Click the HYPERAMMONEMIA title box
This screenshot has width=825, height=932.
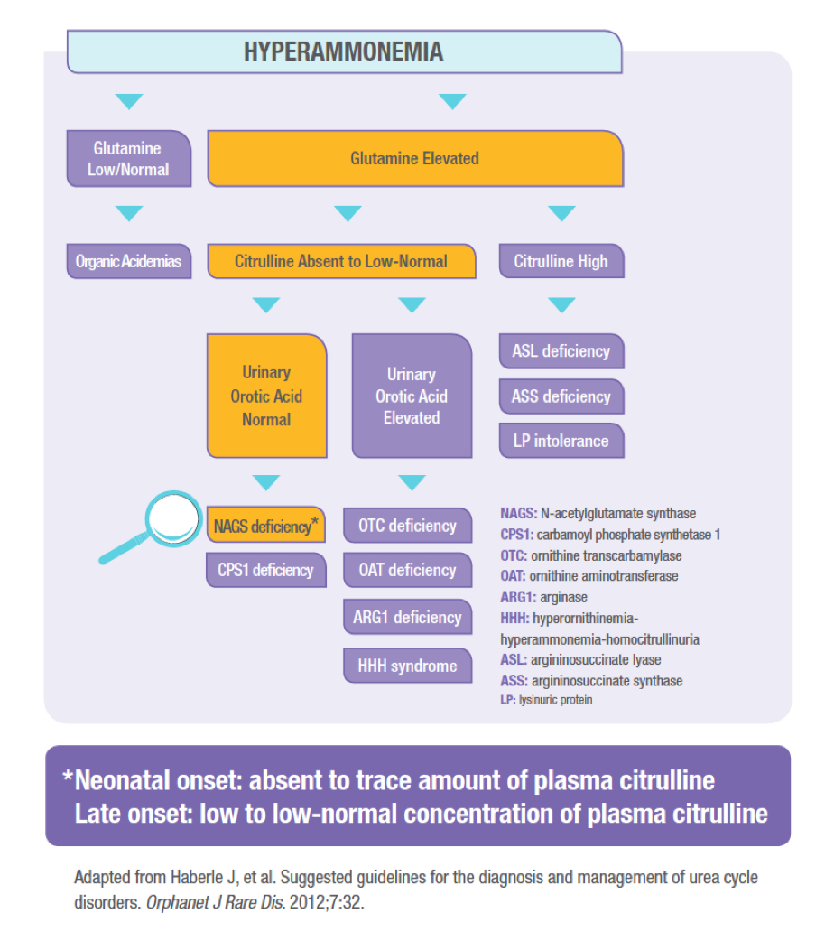click(x=345, y=51)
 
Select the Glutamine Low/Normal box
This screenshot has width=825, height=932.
click(x=129, y=159)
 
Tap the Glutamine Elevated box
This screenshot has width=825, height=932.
click(x=415, y=159)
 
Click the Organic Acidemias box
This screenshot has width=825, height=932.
click(x=129, y=261)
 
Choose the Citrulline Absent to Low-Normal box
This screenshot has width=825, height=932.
click(x=341, y=261)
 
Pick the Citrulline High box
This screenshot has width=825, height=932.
click(x=561, y=261)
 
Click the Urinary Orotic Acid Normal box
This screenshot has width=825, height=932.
click(x=266, y=396)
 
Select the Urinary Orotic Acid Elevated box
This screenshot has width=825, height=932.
click(x=412, y=396)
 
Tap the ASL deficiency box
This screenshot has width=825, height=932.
click(x=561, y=351)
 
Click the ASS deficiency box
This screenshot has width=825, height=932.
click(x=561, y=396)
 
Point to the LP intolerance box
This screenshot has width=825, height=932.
click(x=561, y=441)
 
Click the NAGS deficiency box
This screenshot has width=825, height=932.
click(x=266, y=525)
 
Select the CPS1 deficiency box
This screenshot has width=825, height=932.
click(x=266, y=570)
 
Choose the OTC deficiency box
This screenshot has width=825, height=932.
click(x=407, y=526)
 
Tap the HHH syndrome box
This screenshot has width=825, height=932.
click(x=407, y=665)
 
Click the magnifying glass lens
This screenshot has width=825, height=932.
click(x=173, y=518)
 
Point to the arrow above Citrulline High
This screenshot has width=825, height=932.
click(x=561, y=213)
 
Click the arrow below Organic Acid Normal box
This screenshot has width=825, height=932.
click(x=266, y=482)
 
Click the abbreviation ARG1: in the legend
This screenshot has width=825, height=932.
click(x=518, y=597)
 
